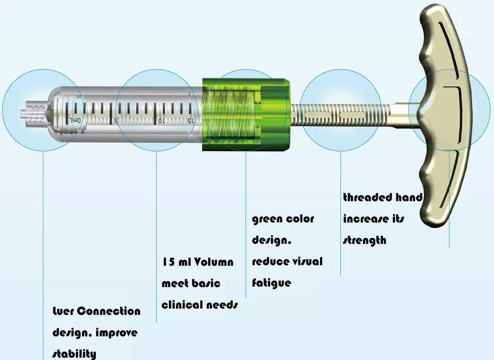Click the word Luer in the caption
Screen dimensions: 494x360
pyautogui.click(x=63, y=312)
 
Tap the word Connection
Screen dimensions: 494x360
pyautogui.click(x=109, y=312)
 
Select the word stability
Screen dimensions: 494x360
pyautogui.click(x=74, y=354)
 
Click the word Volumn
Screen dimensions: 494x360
pyautogui.click(x=214, y=262)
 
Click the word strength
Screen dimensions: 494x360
pyautogui.click(x=364, y=241)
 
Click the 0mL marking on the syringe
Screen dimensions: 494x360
pyautogui.click(x=75, y=121)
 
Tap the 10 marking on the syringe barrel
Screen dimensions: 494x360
pyautogui.click(x=161, y=121)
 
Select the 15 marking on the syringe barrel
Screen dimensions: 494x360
pyautogui.click(x=191, y=121)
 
